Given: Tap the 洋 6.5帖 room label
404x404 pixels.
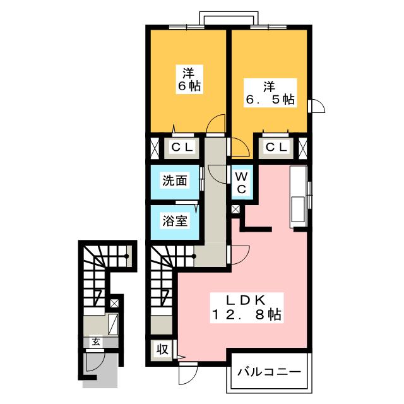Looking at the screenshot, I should [270, 92].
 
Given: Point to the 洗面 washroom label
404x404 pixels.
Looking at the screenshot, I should [175, 181].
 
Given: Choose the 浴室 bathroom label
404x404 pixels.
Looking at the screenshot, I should [174, 222].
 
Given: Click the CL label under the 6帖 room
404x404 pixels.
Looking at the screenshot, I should [183, 148].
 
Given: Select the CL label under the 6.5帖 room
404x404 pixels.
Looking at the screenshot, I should [277, 148].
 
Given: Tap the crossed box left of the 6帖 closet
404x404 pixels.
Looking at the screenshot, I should [155, 148].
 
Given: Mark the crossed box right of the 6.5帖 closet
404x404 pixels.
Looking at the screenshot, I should [304, 148].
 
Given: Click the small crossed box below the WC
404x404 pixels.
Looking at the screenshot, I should [235, 210].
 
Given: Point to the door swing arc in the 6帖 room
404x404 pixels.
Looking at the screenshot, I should [217, 124].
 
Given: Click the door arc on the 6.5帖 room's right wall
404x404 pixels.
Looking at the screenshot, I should [318, 107].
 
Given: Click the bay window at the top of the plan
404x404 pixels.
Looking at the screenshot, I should [229, 18].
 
